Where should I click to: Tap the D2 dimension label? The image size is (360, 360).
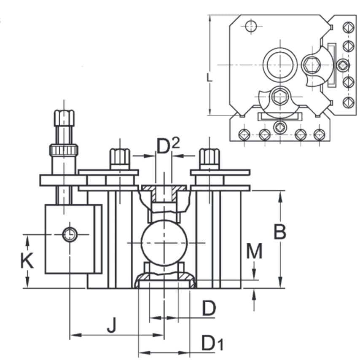[x=168, y=146]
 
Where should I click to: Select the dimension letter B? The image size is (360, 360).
[x=280, y=231]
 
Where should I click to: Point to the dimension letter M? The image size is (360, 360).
[x=254, y=252]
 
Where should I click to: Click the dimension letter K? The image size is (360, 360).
[x=27, y=261]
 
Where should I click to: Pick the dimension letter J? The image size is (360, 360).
[x=111, y=325]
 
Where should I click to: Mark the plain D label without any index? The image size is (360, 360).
[x=209, y=309]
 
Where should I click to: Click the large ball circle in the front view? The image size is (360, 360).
[x=163, y=243]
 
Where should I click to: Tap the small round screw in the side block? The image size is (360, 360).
[x=70, y=234]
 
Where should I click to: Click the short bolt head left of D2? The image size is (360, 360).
[x=120, y=157]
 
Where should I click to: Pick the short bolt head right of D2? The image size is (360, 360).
[x=210, y=157]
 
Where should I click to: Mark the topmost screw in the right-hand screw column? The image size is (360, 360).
[x=348, y=28]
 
